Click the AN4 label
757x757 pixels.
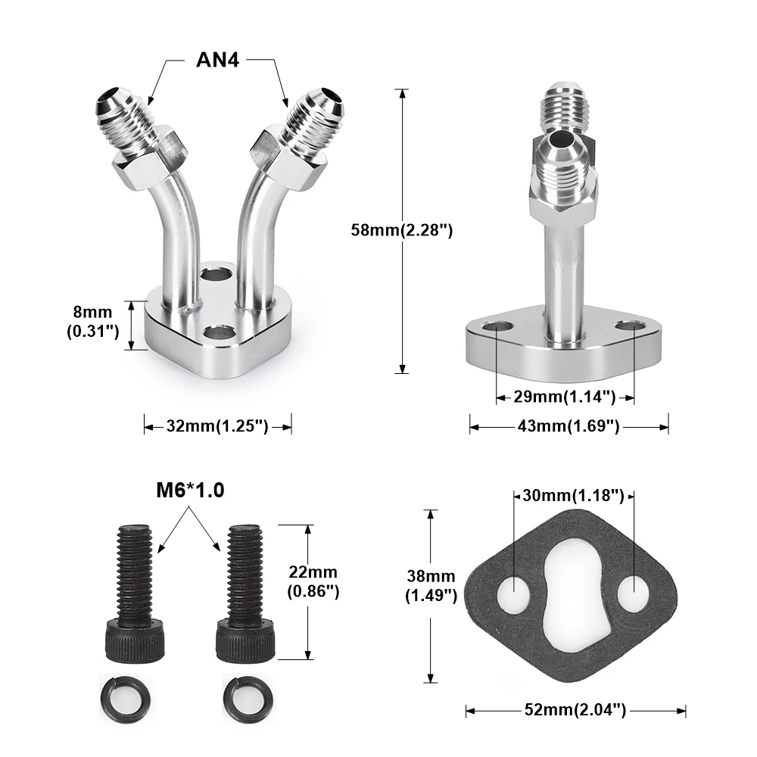(x=217, y=60)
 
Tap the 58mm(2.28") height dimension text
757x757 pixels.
(x=402, y=230)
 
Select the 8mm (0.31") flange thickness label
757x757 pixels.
(x=92, y=322)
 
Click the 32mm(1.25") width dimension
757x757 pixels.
(x=217, y=426)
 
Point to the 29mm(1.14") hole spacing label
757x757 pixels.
(x=565, y=397)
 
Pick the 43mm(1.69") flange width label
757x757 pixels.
(x=569, y=426)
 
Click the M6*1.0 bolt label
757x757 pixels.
(x=190, y=491)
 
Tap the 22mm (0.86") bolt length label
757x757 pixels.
(x=313, y=581)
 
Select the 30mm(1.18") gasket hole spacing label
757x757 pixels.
(x=573, y=496)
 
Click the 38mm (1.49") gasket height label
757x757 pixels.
(x=431, y=586)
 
